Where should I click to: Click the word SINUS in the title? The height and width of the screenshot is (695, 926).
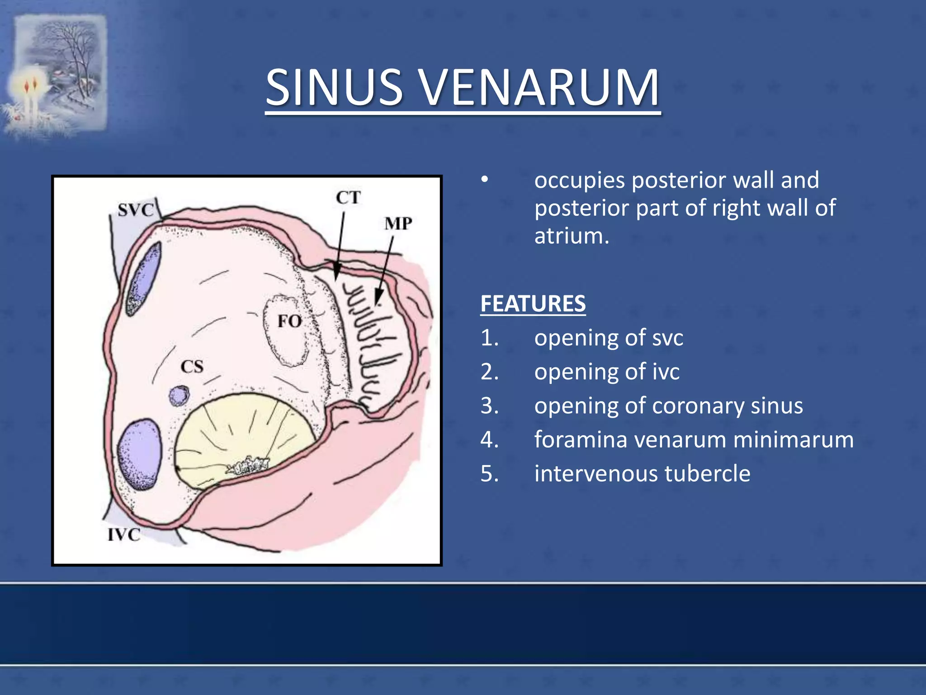334,87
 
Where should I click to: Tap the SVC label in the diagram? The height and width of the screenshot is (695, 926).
136,210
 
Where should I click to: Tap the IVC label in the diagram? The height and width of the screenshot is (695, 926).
123,535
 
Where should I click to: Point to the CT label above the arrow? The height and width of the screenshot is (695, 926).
348,198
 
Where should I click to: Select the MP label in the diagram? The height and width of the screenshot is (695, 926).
398,224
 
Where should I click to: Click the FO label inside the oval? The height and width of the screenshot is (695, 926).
289,322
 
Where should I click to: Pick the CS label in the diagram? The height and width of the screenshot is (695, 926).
192,367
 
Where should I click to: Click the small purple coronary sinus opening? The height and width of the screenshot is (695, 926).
179,396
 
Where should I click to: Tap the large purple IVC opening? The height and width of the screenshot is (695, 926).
140,454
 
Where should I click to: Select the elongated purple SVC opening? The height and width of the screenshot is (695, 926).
144,278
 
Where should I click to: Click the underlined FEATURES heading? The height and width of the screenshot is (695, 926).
533,304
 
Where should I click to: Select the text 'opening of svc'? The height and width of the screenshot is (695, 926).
608,338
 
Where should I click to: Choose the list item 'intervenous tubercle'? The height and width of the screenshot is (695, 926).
642,474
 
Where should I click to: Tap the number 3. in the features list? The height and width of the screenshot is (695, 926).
490,406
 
